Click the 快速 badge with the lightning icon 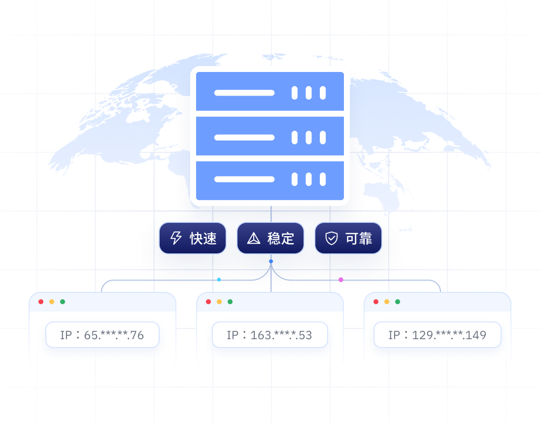193,238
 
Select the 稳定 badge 270,238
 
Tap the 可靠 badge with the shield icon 348,238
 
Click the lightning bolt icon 176,239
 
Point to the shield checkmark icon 331,239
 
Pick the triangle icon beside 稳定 254,239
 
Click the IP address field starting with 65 102,335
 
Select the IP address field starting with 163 270,335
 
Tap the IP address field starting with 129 438,335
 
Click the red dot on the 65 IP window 41,302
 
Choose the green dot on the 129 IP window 398,302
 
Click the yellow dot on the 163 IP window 219,302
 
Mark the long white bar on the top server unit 244,93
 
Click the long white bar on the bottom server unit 244,179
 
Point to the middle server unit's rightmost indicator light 323,137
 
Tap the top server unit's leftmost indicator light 295,93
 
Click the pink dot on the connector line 341,280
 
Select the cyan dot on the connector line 219,280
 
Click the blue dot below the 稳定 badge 270,261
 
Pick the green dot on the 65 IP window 63,302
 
